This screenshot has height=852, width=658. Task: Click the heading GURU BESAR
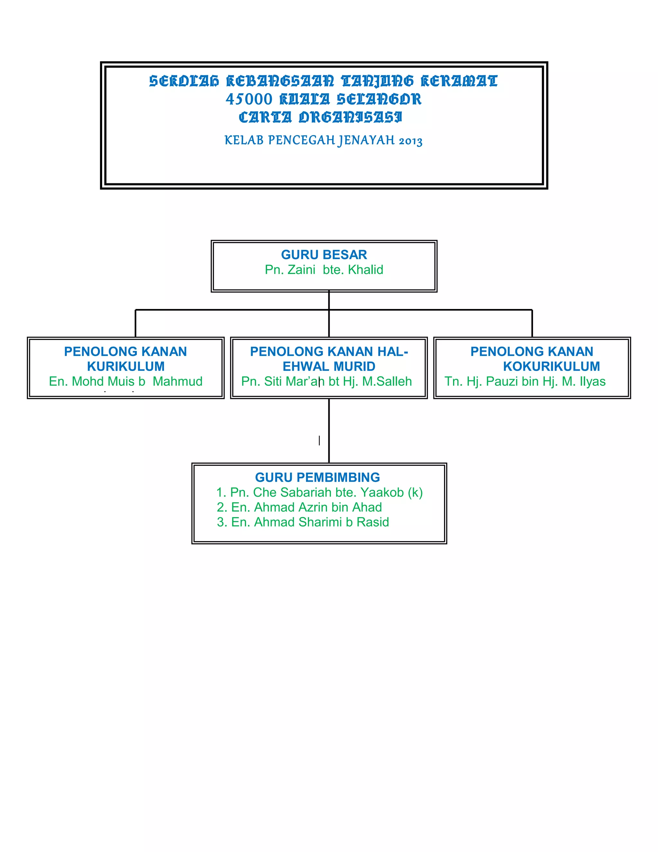point(324,254)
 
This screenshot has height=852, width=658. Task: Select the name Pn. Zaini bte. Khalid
point(324,269)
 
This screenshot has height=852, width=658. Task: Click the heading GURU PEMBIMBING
point(317,477)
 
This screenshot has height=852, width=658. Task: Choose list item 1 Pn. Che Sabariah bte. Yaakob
point(319,492)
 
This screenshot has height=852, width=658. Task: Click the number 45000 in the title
point(249,99)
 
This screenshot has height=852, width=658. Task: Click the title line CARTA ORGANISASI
point(320,117)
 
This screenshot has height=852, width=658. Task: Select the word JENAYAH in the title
point(366,140)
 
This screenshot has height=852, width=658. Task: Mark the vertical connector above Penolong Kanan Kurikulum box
point(135,323)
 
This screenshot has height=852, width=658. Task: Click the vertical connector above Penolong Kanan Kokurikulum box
point(532,323)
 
